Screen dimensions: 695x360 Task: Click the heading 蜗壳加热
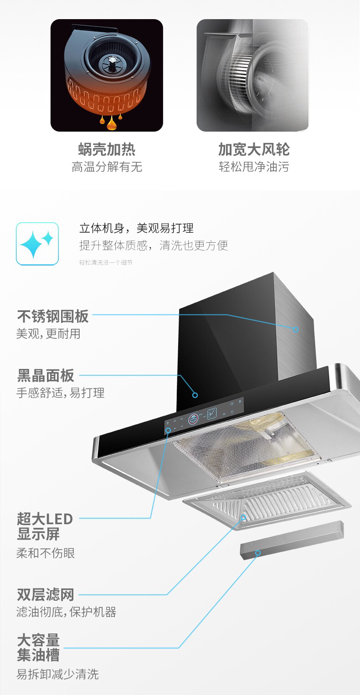(x=107, y=149)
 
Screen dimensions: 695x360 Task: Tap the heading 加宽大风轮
(x=253, y=149)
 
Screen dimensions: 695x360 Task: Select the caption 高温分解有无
(x=107, y=167)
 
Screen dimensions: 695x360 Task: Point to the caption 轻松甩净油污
(x=253, y=167)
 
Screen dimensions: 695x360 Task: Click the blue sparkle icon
(x=37, y=244)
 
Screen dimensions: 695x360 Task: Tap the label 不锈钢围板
(x=53, y=316)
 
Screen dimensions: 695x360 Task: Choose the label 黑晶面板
(x=46, y=376)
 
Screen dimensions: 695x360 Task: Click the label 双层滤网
(x=45, y=594)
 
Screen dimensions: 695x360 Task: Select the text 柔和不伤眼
(x=46, y=553)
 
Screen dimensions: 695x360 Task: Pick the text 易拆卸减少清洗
(x=57, y=674)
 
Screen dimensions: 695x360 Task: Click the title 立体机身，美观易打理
(x=136, y=228)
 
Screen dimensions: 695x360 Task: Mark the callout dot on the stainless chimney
(x=296, y=329)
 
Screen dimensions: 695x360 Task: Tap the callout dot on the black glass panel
(x=195, y=395)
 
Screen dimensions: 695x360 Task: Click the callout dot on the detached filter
(x=243, y=517)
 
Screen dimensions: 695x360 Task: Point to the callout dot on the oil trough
(x=258, y=552)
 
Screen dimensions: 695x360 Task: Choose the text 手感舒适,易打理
(x=61, y=393)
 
